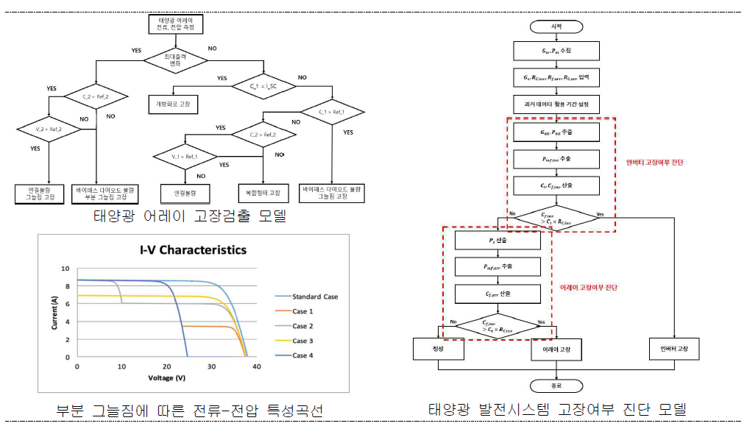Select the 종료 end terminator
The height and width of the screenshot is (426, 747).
556,386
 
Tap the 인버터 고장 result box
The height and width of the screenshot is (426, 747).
674,349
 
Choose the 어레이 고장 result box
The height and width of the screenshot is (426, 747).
556,349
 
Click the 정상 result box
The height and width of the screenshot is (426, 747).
439,349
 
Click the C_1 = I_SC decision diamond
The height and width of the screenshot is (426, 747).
262,86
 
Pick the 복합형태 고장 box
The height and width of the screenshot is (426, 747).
264,193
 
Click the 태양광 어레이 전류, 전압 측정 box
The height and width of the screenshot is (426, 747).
174,24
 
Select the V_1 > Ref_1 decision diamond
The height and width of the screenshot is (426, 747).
185,157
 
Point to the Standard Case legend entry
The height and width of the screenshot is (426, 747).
315,297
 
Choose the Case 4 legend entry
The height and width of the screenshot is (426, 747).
303,355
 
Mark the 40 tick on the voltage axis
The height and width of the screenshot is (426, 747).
256,366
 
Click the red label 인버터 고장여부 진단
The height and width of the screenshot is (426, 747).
654,162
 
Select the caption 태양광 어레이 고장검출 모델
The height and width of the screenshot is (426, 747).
189,216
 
